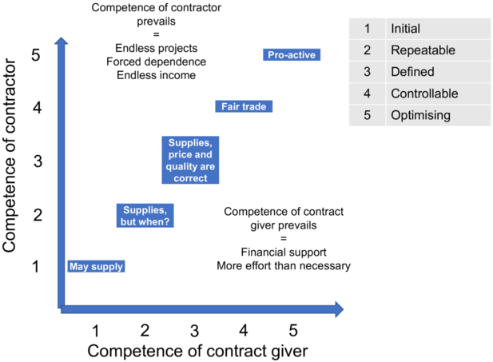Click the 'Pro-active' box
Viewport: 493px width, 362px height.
(x=292, y=55)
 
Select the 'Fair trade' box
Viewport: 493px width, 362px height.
(x=245, y=106)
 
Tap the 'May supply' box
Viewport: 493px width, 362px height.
(x=95, y=266)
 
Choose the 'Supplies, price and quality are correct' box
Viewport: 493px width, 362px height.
(x=190, y=161)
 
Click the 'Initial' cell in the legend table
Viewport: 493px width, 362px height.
(x=437, y=29)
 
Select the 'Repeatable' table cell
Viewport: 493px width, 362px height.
(x=437, y=50)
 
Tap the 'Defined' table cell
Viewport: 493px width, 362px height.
(x=437, y=72)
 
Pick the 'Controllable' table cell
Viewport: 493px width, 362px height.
(x=437, y=93)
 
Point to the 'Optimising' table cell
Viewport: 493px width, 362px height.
(x=437, y=115)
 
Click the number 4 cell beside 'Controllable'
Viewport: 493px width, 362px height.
(x=367, y=93)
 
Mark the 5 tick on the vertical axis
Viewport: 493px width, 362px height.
(x=36, y=55)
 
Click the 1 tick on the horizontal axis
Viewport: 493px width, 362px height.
(x=96, y=330)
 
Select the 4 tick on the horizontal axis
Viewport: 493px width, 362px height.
(x=244, y=330)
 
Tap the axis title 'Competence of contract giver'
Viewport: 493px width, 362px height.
(x=197, y=351)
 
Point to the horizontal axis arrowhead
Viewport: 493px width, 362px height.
(x=338, y=308)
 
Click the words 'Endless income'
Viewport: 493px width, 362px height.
(x=156, y=75)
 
